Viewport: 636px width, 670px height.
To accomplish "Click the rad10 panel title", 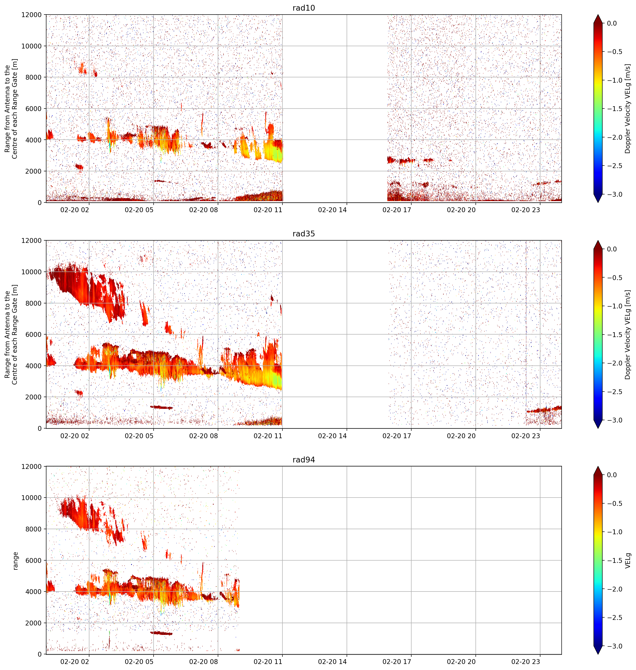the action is (x=303, y=8).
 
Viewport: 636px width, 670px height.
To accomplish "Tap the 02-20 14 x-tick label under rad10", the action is (x=332, y=210).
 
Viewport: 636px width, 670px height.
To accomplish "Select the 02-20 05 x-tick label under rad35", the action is (x=139, y=436).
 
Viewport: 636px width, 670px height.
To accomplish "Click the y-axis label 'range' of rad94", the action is (x=15, y=561).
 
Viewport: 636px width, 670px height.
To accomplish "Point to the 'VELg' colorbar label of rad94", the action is (x=628, y=561).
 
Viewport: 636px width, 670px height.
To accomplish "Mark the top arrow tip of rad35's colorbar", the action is (x=598, y=241).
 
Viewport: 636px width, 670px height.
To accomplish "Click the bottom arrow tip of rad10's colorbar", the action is (x=598, y=203).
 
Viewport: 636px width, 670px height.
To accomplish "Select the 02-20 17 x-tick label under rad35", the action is (x=397, y=436).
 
